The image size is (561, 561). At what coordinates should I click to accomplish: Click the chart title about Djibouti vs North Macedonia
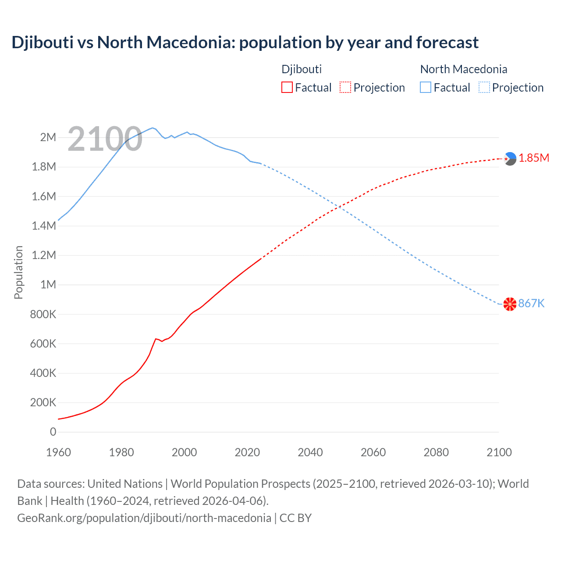[x=245, y=43]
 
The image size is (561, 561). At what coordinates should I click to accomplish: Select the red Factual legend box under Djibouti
[x=287, y=87]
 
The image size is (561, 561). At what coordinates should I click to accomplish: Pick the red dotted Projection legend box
[x=345, y=87]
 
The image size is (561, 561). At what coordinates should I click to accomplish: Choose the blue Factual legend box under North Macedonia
[x=426, y=87]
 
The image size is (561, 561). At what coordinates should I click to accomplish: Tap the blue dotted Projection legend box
[x=484, y=87]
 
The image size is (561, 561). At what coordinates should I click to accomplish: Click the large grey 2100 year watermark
[x=105, y=139]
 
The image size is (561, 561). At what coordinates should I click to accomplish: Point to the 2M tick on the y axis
[x=48, y=137]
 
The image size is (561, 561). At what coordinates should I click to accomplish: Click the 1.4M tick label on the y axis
[x=44, y=226]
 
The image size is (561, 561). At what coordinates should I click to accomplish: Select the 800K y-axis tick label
[x=43, y=314]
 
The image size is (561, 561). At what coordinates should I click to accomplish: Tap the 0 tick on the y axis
[x=53, y=432]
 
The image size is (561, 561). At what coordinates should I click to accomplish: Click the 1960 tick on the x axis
[x=58, y=452]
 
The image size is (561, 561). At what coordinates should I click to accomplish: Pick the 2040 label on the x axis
[x=310, y=452]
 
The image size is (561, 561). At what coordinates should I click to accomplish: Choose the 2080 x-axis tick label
[x=436, y=452]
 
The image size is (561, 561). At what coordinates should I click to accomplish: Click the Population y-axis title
[x=18, y=272]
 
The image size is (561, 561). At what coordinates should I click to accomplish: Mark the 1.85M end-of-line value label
[x=534, y=158]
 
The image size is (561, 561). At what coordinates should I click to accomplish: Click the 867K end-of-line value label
[x=531, y=303]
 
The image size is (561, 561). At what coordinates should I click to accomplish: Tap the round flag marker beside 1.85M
[x=510, y=159]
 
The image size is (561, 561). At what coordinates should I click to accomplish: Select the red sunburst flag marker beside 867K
[x=510, y=304]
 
